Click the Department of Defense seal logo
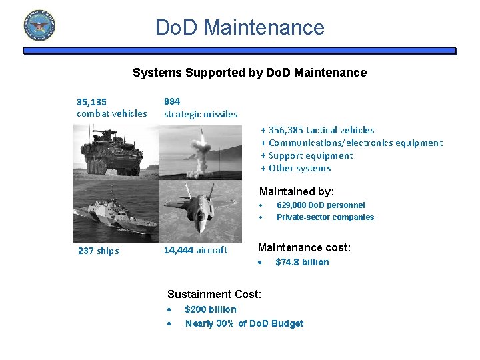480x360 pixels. pyautogui.click(x=39, y=25)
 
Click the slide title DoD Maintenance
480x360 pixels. pyautogui.click(x=239, y=27)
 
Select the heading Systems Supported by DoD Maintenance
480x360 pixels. pyautogui.click(x=249, y=73)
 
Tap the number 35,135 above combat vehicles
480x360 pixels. pyautogui.click(x=91, y=102)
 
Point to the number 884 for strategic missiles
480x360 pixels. pyautogui.click(x=172, y=101)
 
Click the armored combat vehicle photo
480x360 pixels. pyautogui.click(x=115, y=151)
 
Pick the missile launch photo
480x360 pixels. pyautogui.click(x=202, y=151)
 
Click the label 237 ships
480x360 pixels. pyautogui.click(x=98, y=251)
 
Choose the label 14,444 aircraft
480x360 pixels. pyautogui.click(x=195, y=250)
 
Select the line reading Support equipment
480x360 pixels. pyautogui.click(x=310, y=155)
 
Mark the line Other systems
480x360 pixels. pyautogui.click(x=299, y=168)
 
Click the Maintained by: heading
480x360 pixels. pyautogui.click(x=296, y=191)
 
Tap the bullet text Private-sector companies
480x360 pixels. pyautogui.click(x=325, y=217)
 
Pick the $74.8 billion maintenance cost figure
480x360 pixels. pyautogui.click(x=302, y=262)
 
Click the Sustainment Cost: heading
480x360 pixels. pyautogui.click(x=214, y=294)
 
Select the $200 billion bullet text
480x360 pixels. pyautogui.click(x=210, y=309)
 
